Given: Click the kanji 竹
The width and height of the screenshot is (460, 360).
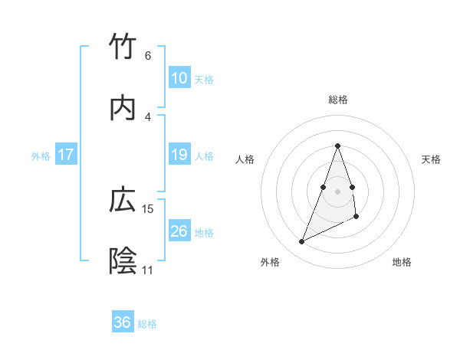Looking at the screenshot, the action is [123, 47].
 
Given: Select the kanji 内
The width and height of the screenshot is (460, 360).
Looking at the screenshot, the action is [123, 108].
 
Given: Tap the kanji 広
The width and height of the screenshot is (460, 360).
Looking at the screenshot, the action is [123, 200].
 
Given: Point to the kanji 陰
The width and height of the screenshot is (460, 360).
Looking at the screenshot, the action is [123, 261].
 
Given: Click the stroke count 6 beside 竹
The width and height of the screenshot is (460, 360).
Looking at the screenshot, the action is [148, 56].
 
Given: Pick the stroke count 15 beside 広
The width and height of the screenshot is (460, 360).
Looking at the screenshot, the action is [148, 208].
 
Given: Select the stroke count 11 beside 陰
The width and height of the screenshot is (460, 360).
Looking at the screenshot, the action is [148, 270].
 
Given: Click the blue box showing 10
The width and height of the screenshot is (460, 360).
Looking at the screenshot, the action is [179, 78].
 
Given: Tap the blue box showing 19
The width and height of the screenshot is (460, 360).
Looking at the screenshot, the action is [179, 155].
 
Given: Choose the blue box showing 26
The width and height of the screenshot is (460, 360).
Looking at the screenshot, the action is [179, 231].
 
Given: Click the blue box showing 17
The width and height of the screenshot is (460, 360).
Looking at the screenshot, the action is [66, 155].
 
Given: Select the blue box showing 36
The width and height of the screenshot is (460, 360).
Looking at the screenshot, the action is [123, 322].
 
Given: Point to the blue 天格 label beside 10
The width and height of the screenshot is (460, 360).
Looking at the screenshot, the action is [204, 79].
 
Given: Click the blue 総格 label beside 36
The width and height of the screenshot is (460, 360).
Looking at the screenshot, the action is [147, 323].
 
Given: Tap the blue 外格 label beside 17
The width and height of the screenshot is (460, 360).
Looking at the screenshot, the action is [41, 155].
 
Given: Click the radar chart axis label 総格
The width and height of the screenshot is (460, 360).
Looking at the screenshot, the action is [338, 100].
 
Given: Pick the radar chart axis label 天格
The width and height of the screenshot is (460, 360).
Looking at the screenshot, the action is [432, 159].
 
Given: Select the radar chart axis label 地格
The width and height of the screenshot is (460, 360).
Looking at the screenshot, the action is [402, 262].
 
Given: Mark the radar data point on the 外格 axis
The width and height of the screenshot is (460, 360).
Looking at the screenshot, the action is [301, 242].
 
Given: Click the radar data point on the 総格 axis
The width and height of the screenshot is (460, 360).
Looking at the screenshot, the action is [338, 146].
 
